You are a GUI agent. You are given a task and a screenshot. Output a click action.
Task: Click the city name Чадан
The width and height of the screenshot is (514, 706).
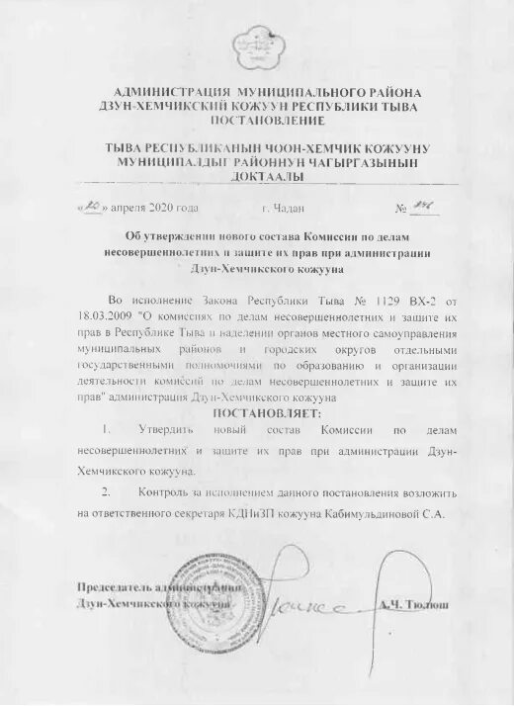click(290, 210)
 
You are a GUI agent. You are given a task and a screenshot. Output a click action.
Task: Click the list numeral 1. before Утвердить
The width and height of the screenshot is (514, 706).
click(106, 432)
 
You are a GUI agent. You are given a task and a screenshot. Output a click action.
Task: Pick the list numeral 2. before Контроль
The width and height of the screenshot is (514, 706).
click(106, 491)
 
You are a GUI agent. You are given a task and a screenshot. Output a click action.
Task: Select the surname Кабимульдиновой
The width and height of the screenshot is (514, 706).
click(385, 513)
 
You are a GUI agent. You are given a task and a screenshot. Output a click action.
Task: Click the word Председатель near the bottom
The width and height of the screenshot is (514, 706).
click(108, 587)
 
